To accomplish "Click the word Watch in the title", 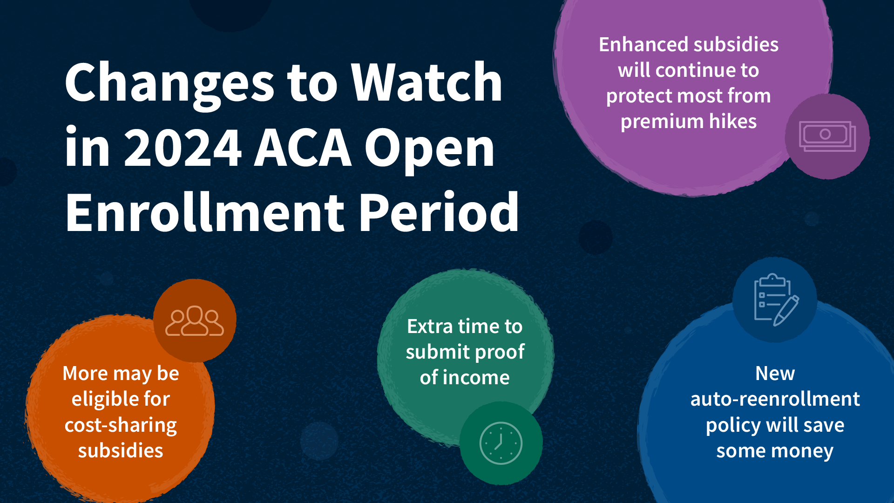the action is point(427,82).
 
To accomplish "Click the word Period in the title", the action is point(439,212).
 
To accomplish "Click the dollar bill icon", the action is point(827,136).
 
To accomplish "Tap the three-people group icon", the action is point(195,321).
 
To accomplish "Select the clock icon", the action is point(501,443).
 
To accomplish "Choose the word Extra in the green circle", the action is point(430,326).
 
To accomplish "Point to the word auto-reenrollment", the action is point(775,400).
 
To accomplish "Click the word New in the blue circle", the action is point(775,374).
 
